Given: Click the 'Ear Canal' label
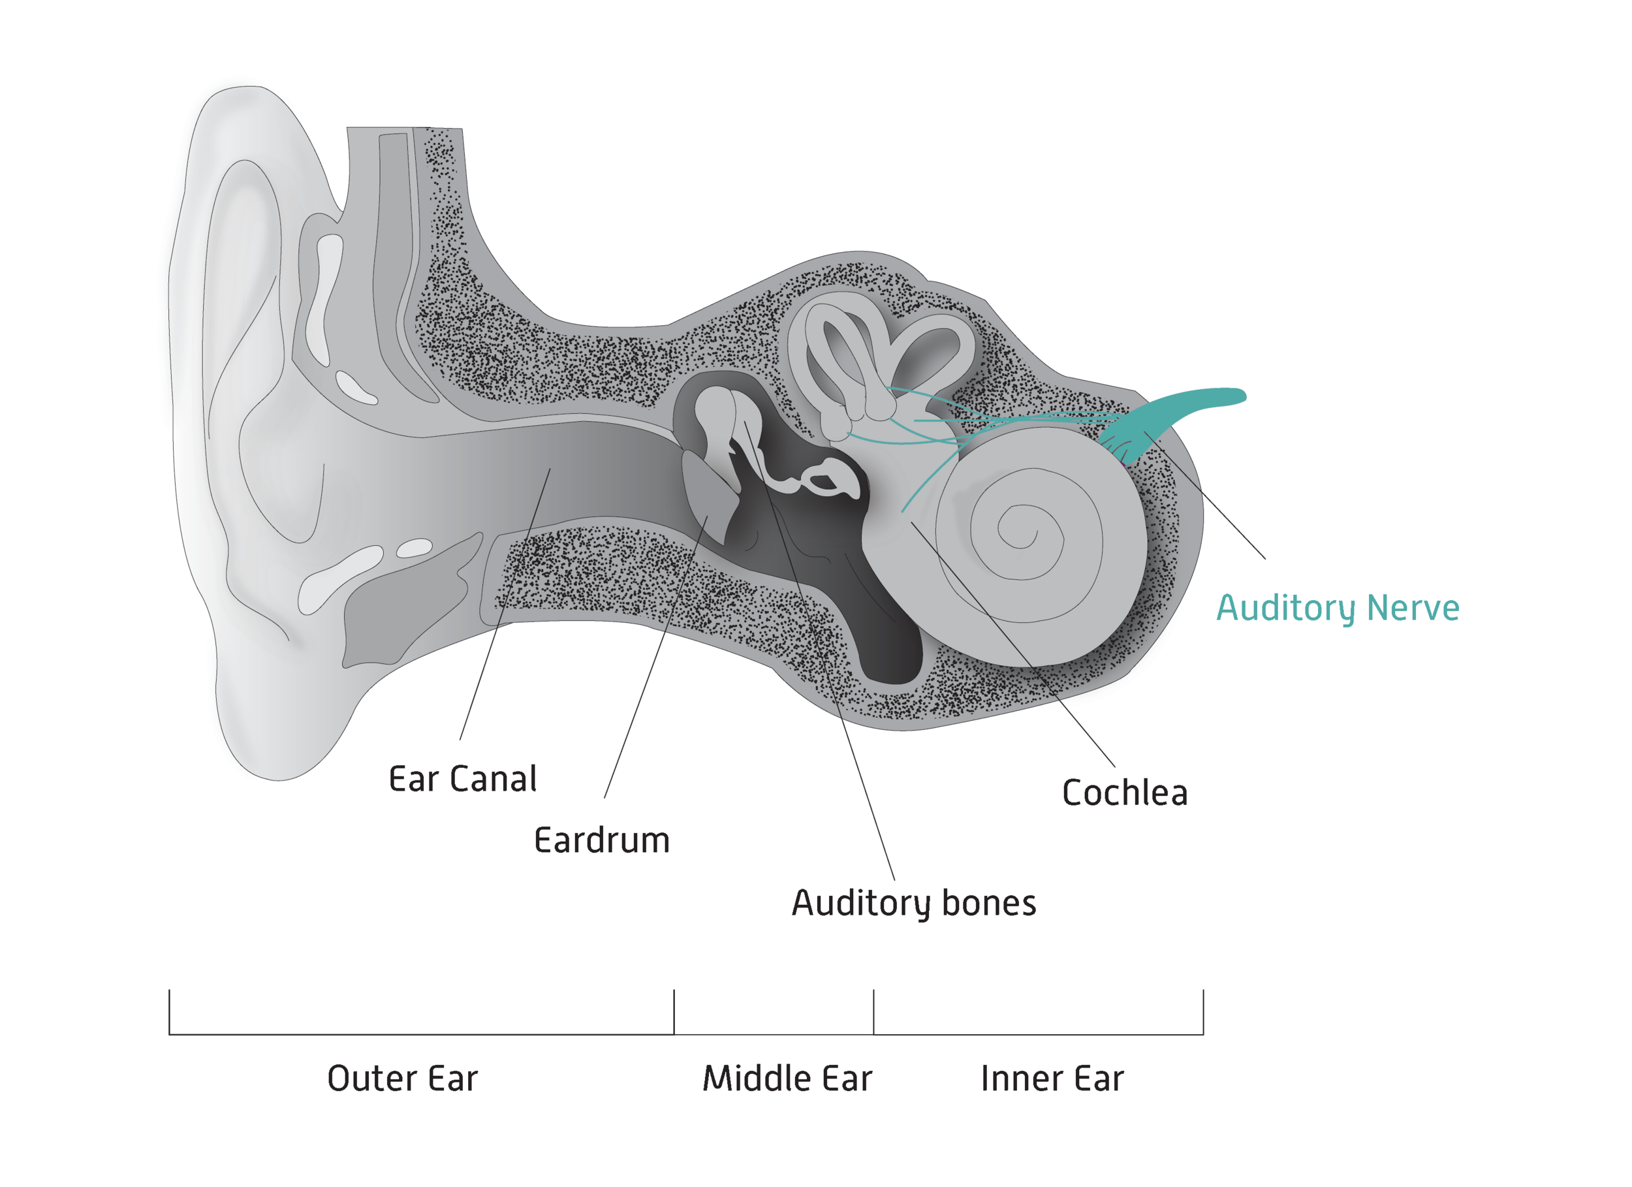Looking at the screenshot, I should (x=463, y=780).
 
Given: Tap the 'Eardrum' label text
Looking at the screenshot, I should (x=602, y=841).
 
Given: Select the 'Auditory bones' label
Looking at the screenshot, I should (x=914, y=904).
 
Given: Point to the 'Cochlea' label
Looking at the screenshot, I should (x=1125, y=793).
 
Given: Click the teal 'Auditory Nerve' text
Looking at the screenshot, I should (x=1338, y=609).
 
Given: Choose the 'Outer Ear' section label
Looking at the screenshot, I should (x=402, y=1079).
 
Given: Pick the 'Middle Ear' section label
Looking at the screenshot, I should (x=787, y=1079).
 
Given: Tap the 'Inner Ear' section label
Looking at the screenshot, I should (x=1052, y=1079).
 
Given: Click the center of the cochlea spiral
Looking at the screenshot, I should (x=1020, y=533).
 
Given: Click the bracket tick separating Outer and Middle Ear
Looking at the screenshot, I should (x=674, y=1011).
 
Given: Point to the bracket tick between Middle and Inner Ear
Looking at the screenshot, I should (x=873, y=1011).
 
